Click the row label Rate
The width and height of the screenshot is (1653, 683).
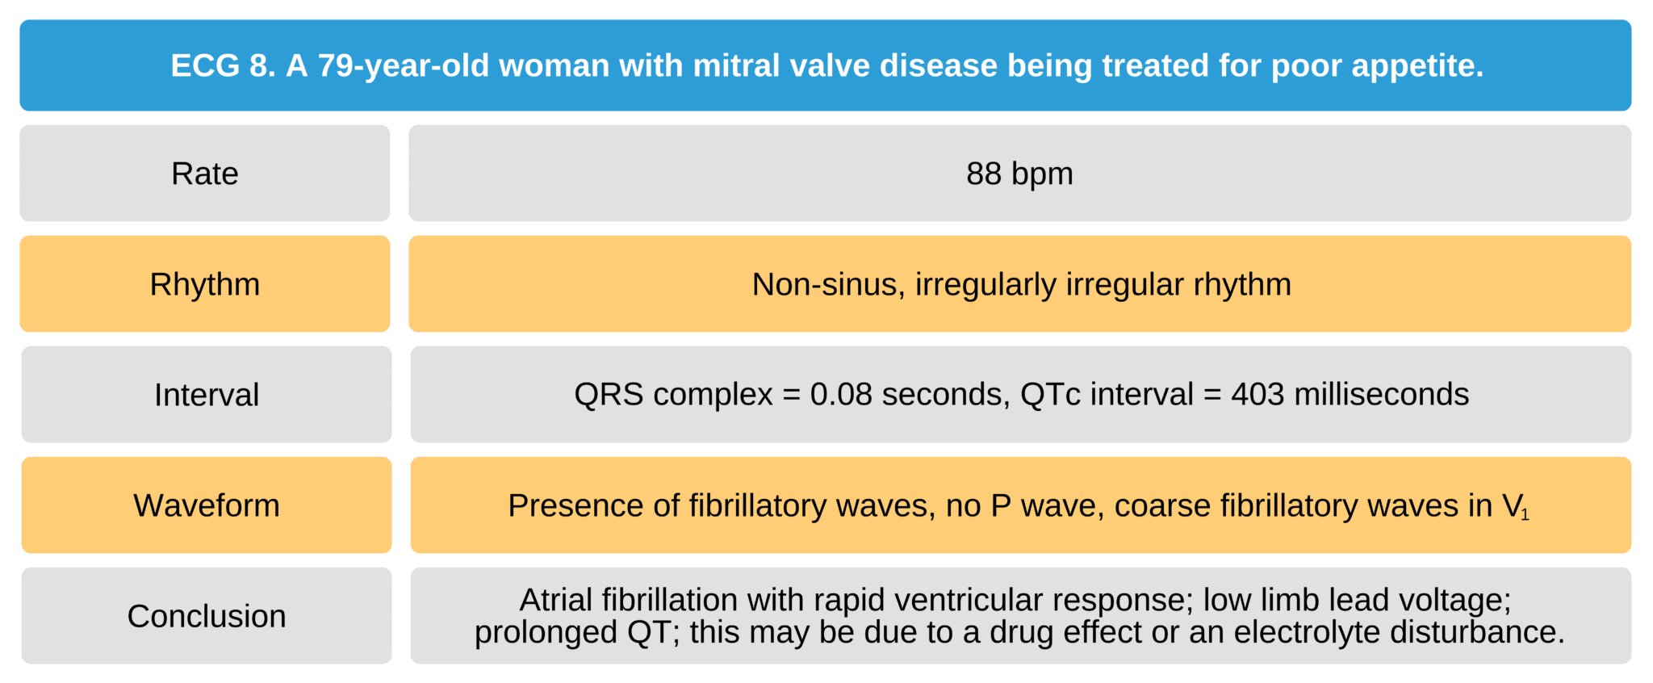pos(204,174)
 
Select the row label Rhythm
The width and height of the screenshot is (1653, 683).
pos(204,284)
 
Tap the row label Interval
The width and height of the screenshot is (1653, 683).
pos(207,395)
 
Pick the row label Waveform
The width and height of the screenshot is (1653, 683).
pos(207,505)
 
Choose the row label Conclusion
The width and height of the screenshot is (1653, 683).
pos(207,616)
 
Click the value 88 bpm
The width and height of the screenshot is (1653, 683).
pos(1019,174)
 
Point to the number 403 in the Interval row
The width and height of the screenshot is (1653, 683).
pos(1258,394)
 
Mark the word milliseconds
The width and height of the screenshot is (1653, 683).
pos(1382,394)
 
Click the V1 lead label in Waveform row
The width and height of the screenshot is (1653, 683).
pos(1514,506)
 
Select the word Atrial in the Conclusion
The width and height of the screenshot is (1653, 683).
pos(556,600)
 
